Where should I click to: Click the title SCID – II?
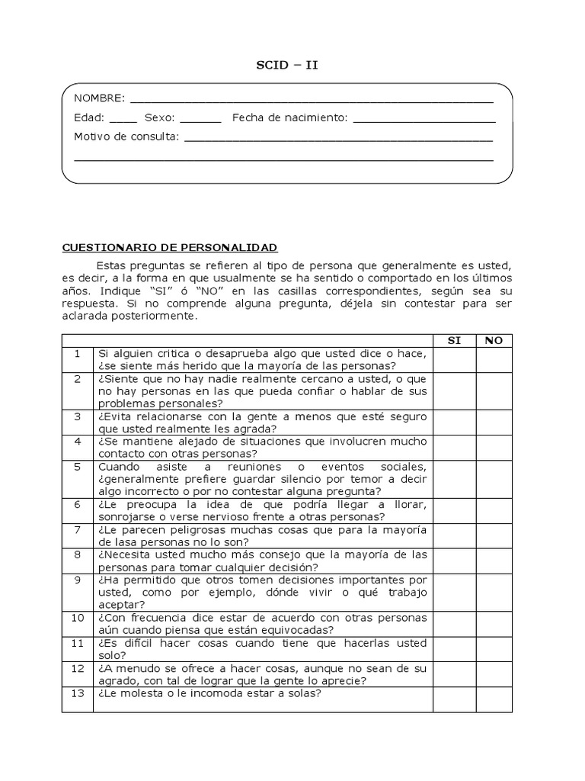click(286, 65)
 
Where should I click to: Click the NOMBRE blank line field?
click(312, 100)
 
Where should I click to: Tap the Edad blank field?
click(123, 120)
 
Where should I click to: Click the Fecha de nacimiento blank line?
click(424, 120)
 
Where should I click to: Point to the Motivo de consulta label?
click(126, 137)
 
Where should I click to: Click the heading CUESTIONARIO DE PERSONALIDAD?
click(169, 248)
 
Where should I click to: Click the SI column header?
click(454, 340)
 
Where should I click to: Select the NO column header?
click(494, 340)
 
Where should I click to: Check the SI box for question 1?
click(454, 359)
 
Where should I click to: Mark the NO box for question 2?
click(494, 390)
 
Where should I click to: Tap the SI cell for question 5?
click(454, 479)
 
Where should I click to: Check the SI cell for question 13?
click(454, 699)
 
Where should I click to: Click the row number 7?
click(78, 529)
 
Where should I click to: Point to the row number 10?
click(78, 618)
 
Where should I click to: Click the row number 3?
click(78, 416)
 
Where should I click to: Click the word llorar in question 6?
click(410, 504)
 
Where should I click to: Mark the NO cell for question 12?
click(494, 674)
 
